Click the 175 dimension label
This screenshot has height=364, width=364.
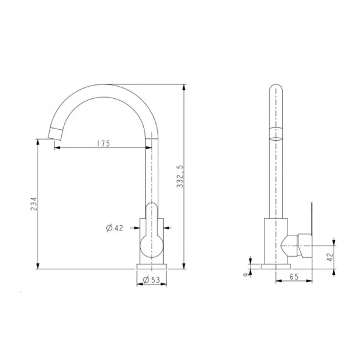(x=102, y=144)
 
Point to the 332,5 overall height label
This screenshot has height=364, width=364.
(x=180, y=176)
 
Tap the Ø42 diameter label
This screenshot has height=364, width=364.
(x=114, y=228)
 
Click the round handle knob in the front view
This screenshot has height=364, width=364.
(x=151, y=246)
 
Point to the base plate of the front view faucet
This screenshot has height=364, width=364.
(x=151, y=266)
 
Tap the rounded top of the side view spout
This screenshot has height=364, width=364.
(x=275, y=86)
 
